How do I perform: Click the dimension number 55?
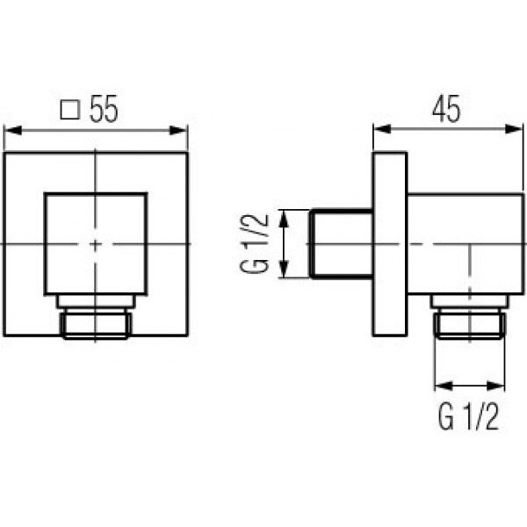tap(104, 109)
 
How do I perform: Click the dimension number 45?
tap(446, 109)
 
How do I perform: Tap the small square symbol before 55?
tap(70, 110)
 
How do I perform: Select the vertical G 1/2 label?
tap(255, 243)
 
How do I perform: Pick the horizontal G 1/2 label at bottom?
tap(468, 417)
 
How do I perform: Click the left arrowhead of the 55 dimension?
tap(13, 130)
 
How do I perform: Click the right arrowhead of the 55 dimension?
tap(177, 130)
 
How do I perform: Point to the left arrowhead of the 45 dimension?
tap(383, 129)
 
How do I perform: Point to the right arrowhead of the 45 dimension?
tap(514, 129)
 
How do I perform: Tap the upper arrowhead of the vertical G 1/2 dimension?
tap(285, 219)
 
